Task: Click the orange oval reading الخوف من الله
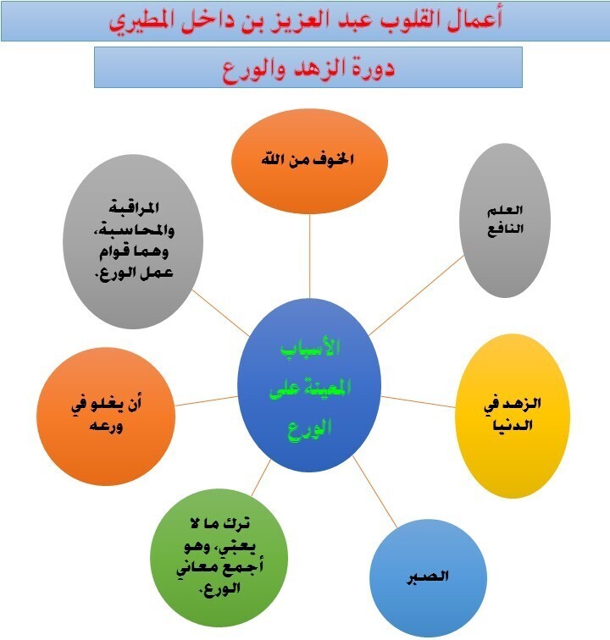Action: click(x=309, y=158)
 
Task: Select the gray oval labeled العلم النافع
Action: click(x=507, y=220)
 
